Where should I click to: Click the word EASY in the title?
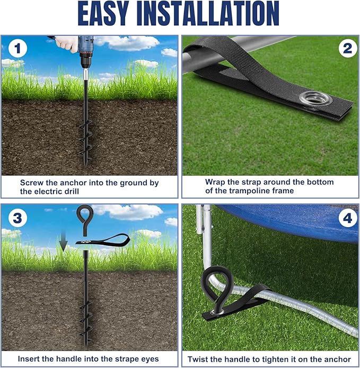coord(103,13)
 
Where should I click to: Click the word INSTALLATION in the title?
coord(208,13)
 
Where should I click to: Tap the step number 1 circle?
coord(17,49)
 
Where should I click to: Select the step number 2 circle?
coord(348,49)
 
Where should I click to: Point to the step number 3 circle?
coord(17,218)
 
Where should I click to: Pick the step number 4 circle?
coord(348,218)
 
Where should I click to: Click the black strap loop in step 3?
coord(103,240)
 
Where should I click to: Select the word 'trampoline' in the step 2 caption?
coord(250,191)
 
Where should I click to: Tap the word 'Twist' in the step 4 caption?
coord(198,360)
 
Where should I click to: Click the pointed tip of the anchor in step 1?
coord(86,166)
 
